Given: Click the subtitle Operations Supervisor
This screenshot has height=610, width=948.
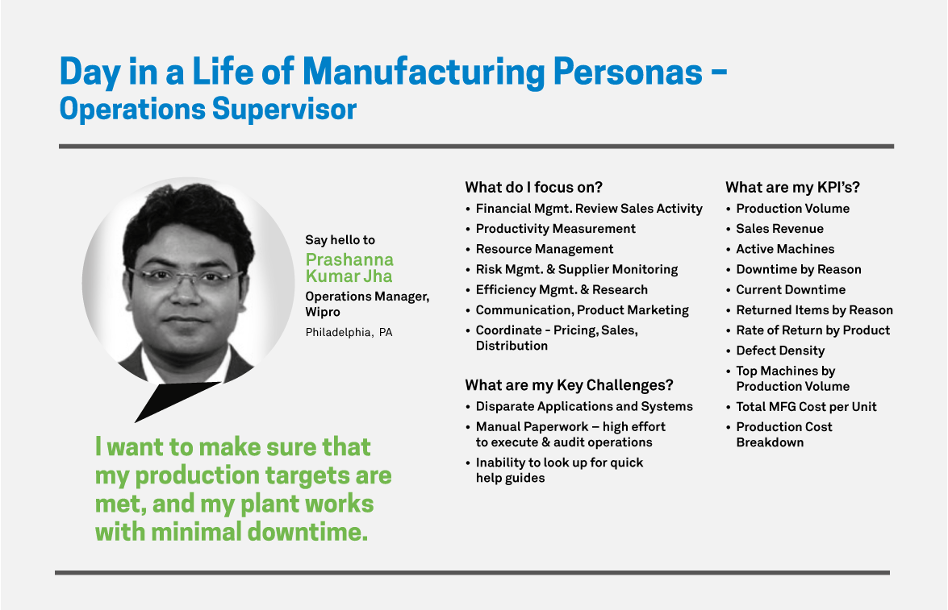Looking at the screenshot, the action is tap(208, 110).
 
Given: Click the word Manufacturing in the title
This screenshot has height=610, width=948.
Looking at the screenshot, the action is tap(424, 71).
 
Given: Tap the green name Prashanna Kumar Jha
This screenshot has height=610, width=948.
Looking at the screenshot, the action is tap(349, 268).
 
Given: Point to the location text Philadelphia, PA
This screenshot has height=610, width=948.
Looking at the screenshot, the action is tap(349, 332).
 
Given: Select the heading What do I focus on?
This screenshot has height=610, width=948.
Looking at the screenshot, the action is tap(534, 187).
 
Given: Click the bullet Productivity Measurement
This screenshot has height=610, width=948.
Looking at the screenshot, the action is tap(556, 228).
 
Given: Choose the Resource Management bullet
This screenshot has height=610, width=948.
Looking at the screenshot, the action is tap(544, 249).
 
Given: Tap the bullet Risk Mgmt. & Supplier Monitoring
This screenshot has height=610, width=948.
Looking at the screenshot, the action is tap(577, 269).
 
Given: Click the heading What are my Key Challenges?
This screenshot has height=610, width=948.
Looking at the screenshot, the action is tap(569, 385).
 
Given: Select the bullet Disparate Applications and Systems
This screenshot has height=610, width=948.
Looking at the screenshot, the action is tap(584, 406).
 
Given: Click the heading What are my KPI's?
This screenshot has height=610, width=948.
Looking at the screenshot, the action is tap(792, 187).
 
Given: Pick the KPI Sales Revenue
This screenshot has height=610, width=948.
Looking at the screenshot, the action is tap(780, 228).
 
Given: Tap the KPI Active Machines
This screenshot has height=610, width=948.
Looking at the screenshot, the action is tap(785, 249).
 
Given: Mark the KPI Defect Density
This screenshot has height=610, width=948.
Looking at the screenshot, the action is tap(780, 351).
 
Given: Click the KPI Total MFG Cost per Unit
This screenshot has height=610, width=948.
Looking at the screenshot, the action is tap(806, 406).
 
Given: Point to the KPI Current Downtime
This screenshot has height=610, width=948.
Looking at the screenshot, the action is tap(791, 289).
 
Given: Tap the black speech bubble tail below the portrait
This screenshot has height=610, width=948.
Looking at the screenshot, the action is tap(173, 398).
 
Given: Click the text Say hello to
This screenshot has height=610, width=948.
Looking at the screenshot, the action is tap(340, 240).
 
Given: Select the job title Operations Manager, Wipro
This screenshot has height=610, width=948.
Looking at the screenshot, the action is tap(367, 304).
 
